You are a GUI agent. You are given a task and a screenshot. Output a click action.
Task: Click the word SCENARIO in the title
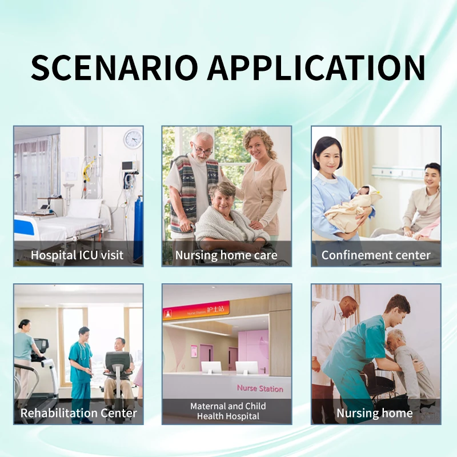(x=115, y=68)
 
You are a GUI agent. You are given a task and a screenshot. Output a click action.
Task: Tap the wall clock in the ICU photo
(x=133, y=139)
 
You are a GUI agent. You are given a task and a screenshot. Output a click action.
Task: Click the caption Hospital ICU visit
(x=77, y=255)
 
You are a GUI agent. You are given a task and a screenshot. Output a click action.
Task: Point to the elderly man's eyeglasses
(x=202, y=149)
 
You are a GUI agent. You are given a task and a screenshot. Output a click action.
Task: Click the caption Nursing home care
(x=226, y=255)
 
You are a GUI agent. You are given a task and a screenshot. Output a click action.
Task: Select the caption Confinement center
(x=376, y=255)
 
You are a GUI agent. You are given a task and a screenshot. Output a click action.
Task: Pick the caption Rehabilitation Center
(x=79, y=412)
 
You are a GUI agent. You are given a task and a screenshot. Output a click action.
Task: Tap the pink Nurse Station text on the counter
(x=260, y=388)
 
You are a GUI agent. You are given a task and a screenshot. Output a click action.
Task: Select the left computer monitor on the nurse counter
(x=211, y=367)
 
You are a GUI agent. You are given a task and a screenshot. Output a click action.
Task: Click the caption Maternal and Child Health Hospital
(x=227, y=411)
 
